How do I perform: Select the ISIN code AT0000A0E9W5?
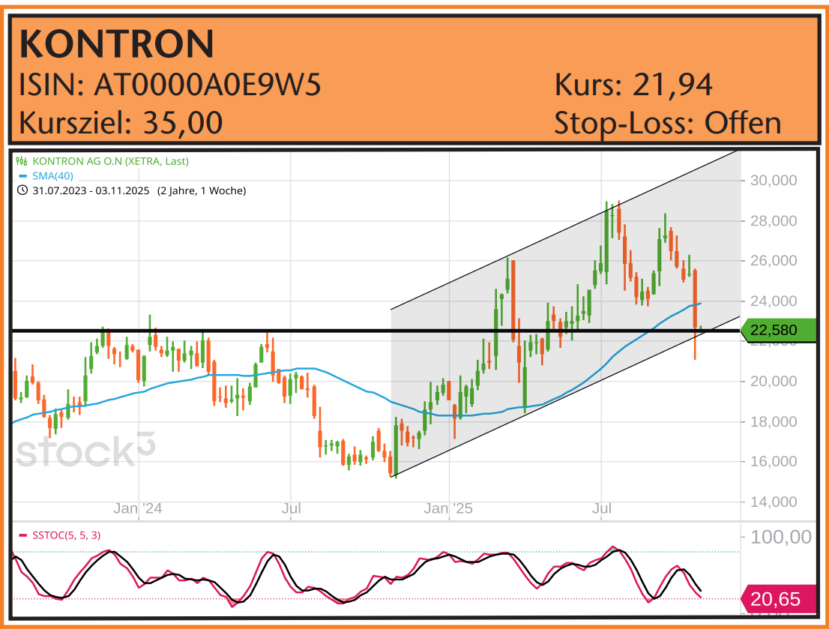(208, 85)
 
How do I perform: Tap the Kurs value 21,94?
(672, 85)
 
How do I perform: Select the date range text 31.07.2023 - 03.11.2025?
(90, 190)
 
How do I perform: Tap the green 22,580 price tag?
(777, 330)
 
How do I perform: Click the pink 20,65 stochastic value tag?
(777, 599)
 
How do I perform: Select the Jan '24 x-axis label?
(138, 509)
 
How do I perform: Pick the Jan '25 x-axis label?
(449, 509)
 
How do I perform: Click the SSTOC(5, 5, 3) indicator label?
(66, 535)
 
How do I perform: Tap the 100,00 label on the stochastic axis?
(780, 537)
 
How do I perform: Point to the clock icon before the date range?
(21, 190)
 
